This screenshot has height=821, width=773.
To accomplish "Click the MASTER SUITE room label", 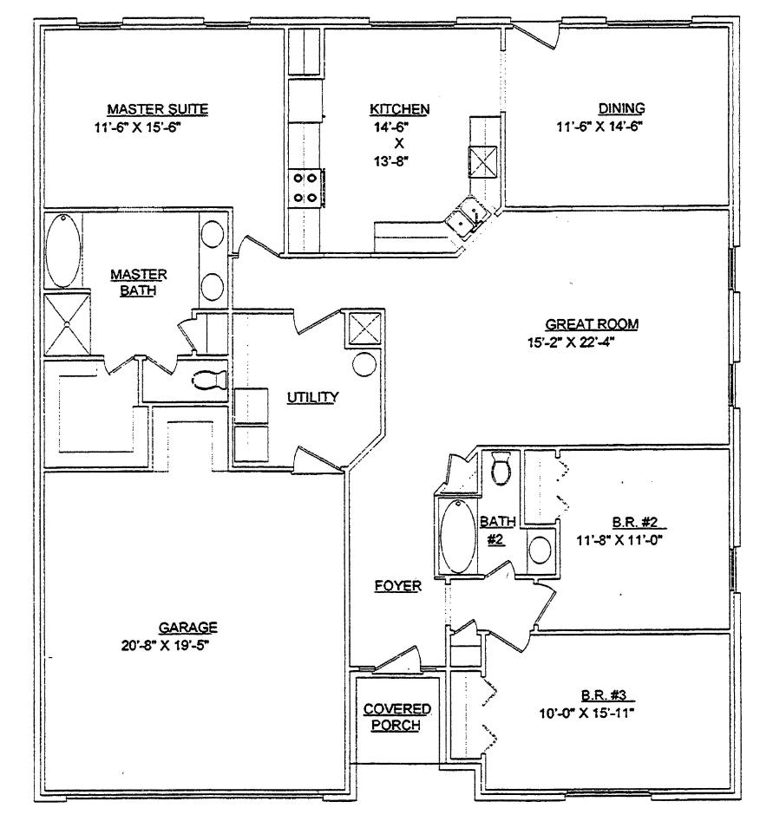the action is click(158, 109).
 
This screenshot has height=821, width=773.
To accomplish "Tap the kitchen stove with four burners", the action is click(305, 187).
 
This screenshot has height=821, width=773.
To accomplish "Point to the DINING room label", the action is click(621, 108).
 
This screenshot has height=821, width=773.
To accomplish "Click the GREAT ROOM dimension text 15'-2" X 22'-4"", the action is click(571, 342).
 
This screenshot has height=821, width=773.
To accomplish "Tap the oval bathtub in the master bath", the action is click(62, 251).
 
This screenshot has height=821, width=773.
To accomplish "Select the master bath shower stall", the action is click(67, 324).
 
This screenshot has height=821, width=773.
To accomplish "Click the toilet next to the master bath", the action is click(210, 380).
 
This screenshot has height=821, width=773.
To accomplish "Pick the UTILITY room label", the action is click(313, 397).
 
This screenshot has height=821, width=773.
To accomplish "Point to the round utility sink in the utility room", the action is click(364, 364).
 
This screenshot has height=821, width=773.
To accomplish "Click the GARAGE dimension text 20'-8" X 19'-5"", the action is click(166, 646).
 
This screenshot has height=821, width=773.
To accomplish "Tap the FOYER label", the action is click(398, 585).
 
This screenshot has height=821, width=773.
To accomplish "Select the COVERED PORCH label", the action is click(396, 717).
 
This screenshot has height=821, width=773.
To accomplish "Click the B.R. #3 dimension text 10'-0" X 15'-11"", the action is click(587, 713).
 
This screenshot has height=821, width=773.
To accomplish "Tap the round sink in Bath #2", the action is click(540, 551).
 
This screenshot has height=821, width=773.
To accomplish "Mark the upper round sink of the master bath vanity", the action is click(213, 234).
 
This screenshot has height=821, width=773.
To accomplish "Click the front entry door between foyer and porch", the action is click(397, 658).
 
